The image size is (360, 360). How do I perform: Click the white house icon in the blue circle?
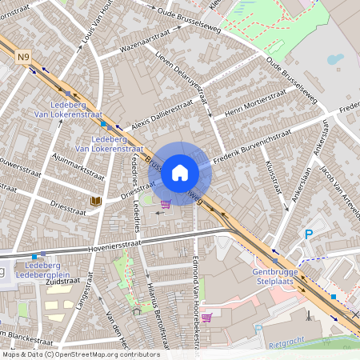180,173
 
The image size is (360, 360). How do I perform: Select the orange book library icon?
96,200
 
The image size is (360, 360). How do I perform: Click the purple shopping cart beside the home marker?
166,204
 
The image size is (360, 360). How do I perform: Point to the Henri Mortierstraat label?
250,104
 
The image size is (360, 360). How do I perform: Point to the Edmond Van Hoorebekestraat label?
196,288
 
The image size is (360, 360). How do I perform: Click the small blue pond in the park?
334,59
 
